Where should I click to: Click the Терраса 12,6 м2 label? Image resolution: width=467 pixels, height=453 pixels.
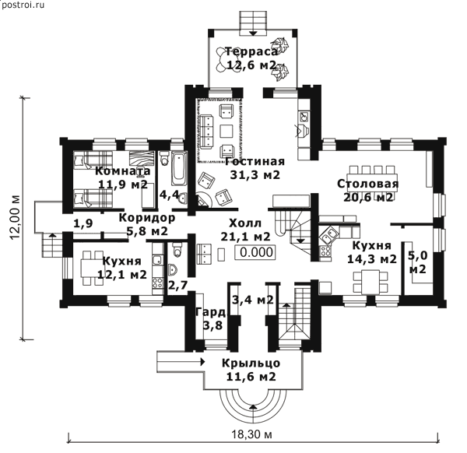251,59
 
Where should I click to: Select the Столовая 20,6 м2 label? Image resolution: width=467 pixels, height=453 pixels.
367,191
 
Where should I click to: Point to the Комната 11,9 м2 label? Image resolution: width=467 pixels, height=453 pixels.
124,177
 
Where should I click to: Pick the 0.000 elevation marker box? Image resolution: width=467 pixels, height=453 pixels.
256,251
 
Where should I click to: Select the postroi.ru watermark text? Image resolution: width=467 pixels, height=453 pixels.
25,7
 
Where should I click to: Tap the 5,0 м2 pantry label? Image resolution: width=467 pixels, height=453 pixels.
417,262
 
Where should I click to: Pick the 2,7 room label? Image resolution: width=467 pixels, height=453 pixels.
177,285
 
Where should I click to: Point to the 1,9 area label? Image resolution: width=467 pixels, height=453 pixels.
83,223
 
